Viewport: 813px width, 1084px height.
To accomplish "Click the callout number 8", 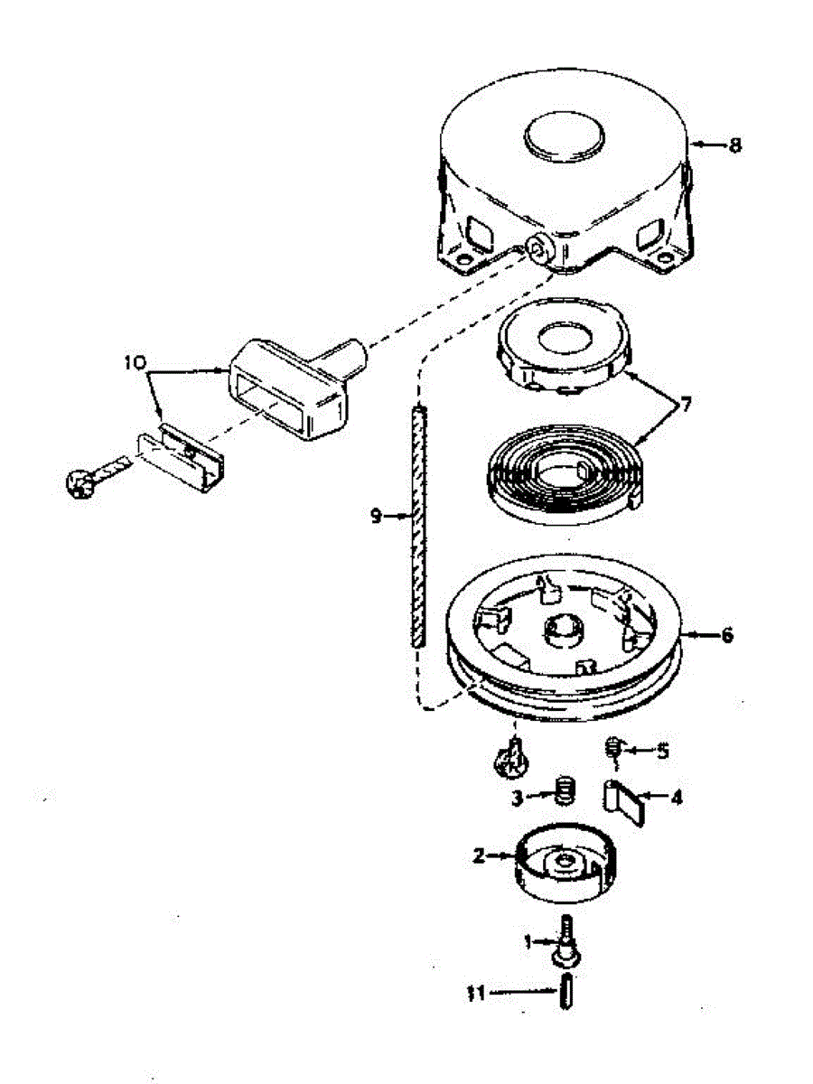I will (x=735, y=145).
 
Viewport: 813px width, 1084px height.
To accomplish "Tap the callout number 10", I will (x=135, y=363).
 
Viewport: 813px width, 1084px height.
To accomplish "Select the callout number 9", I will (x=376, y=516).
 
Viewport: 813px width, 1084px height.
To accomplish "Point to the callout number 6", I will (x=726, y=635).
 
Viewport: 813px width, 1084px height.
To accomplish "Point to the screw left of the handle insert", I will (x=79, y=481).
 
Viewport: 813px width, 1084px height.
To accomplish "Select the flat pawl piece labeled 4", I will (x=626, y=800).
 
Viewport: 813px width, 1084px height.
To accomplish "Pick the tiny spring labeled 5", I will (x=614, y=747).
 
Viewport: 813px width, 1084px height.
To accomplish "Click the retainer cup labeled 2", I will (x=565, y=867).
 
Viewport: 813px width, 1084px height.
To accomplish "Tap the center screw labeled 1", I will (x=566, y=940).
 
